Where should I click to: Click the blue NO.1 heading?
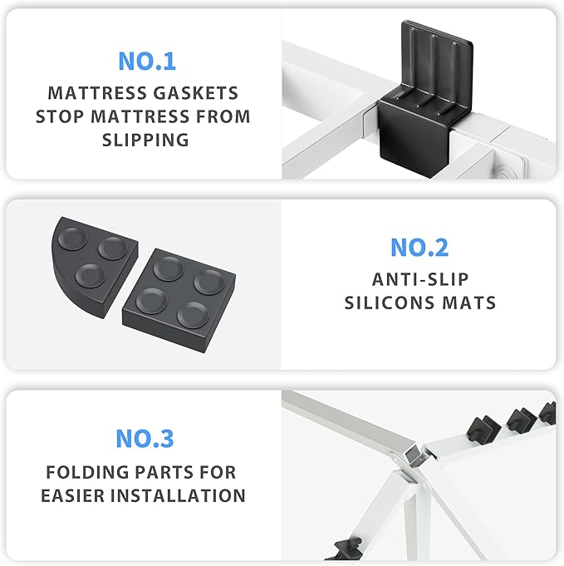point(147,62)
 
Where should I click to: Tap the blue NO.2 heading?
point(419,248)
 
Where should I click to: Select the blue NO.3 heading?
point(145,439)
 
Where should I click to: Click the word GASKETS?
point(195,93)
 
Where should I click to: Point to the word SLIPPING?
point(145,140)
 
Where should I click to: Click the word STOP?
point(60,116)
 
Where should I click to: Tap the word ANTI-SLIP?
point(420,279)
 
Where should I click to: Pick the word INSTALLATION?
point(178,495)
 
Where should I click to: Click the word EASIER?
point(73,495)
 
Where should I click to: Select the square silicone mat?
point(179,299)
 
